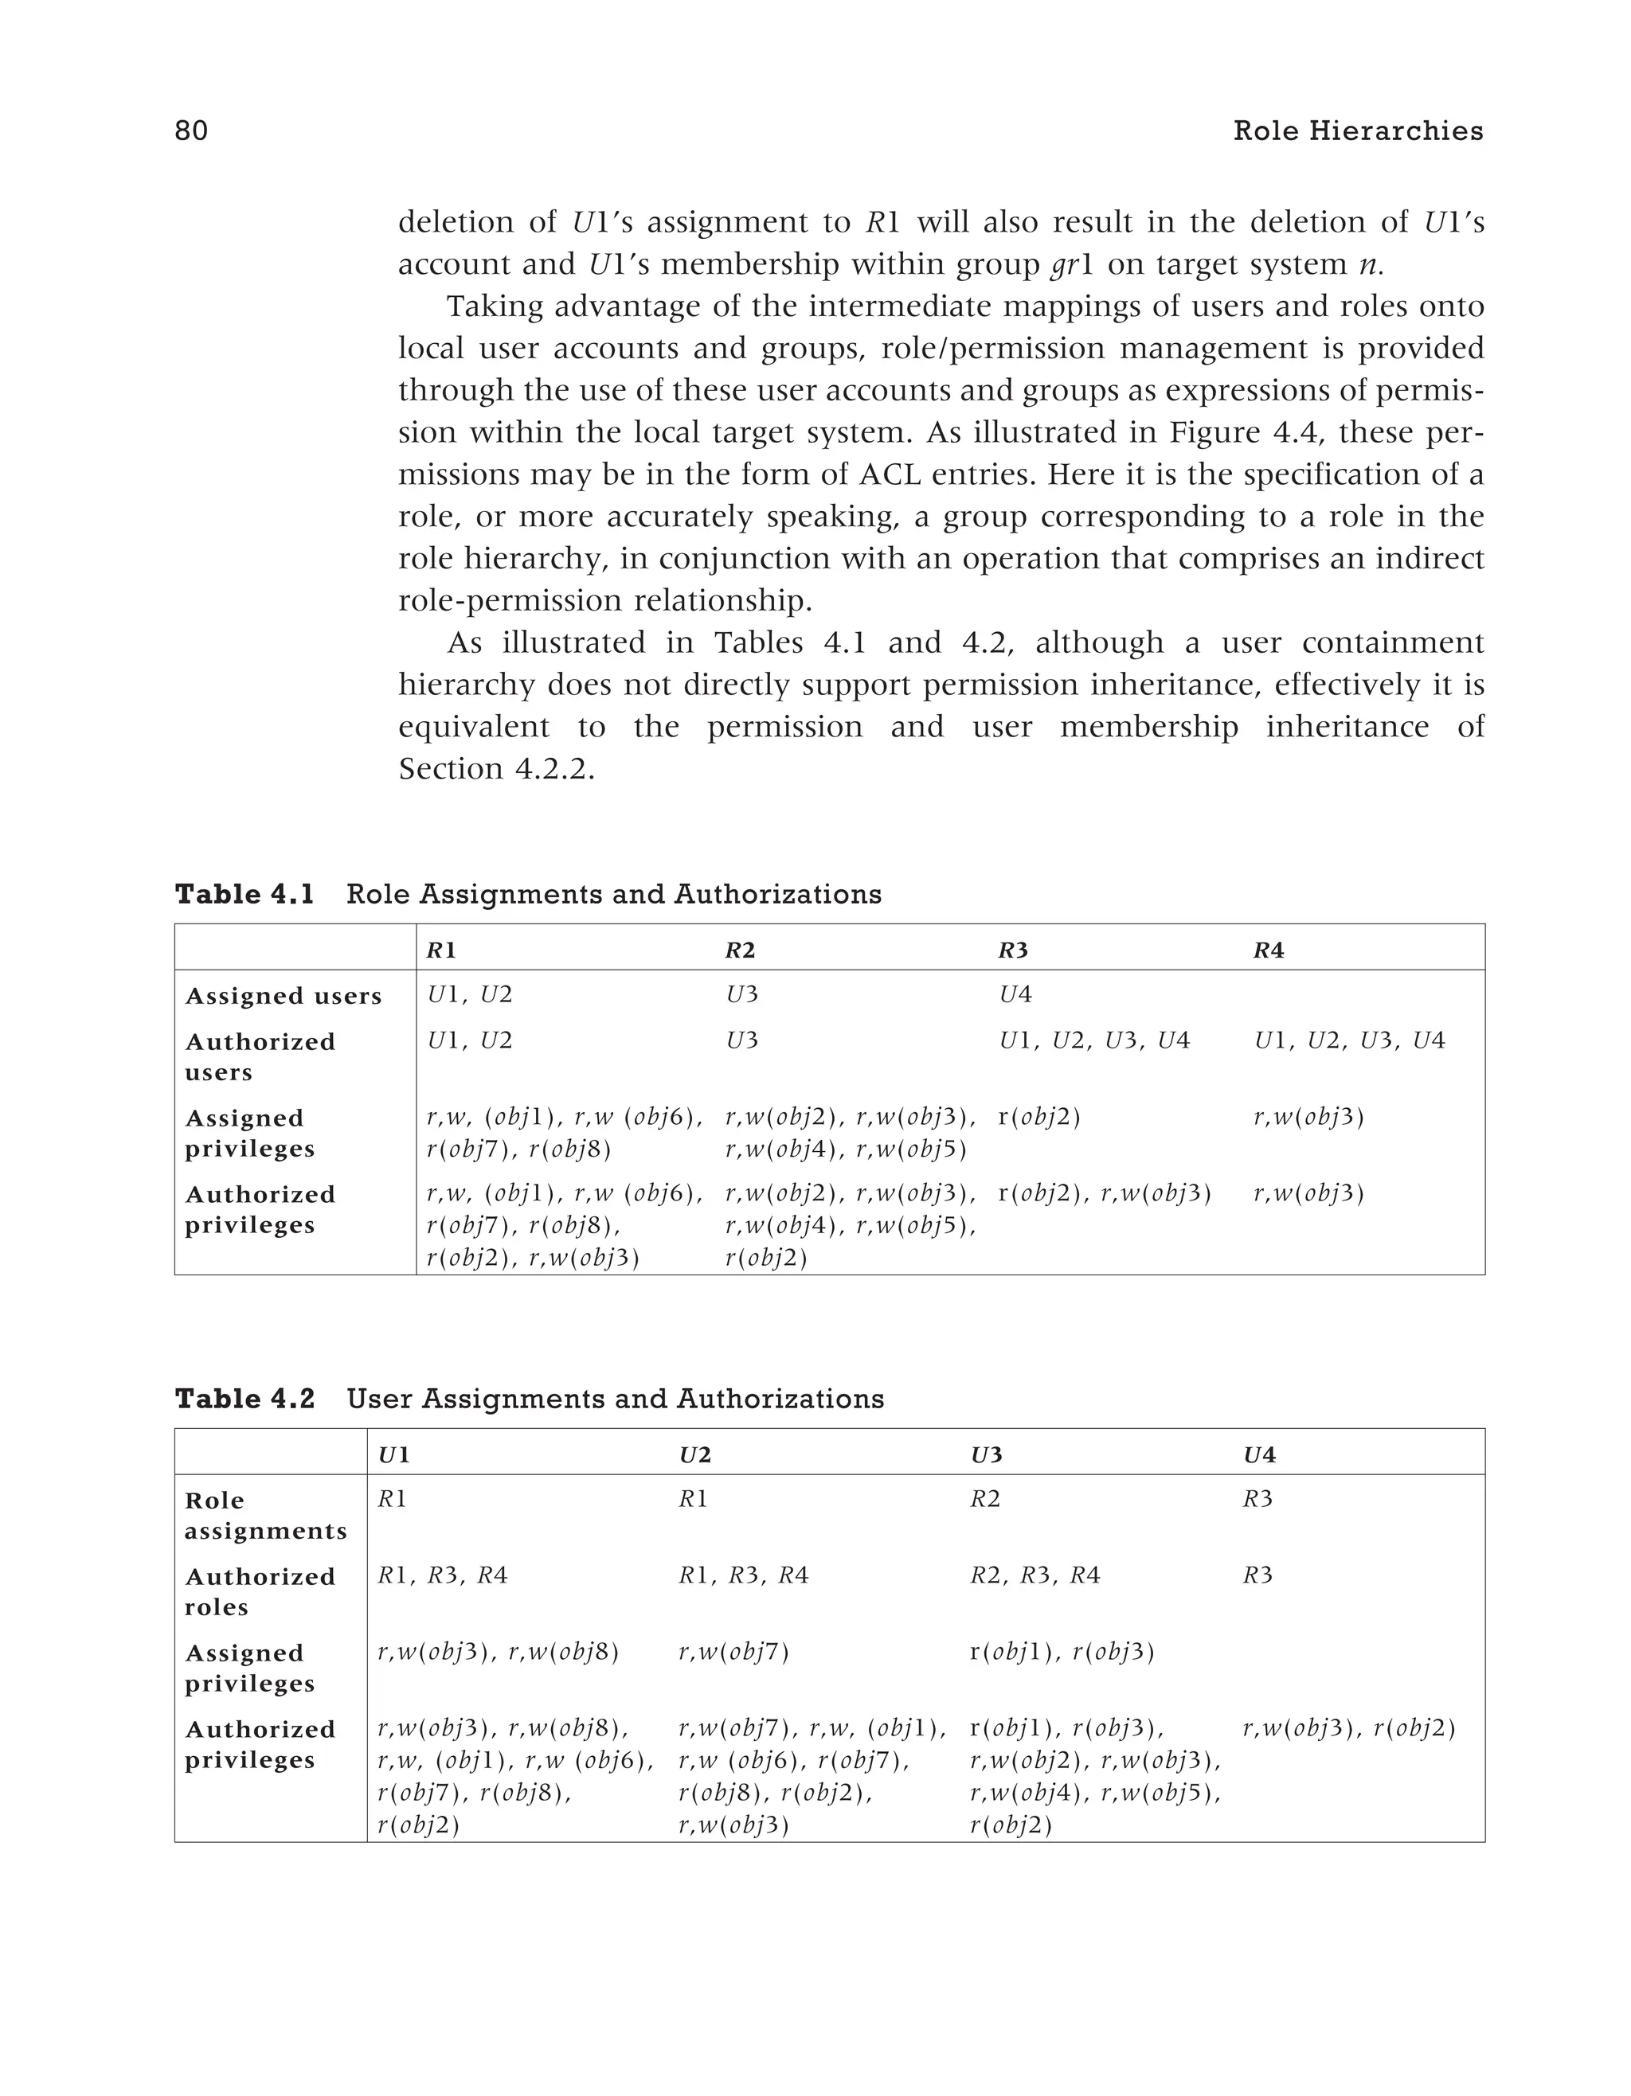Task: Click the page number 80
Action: click(191, 131)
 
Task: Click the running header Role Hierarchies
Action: click(1357, 131)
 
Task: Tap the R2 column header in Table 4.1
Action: click(739, 950)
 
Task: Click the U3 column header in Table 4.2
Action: click(986, 1455)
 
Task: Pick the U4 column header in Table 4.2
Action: click(1260, 1455)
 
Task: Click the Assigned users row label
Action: click(284, 996)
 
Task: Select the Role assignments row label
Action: click(265, 1516)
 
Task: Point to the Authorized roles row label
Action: click(259, 1592)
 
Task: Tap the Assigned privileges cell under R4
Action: click(1308, 1117)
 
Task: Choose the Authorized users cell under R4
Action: click(1349, 1040)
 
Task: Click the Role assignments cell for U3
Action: click(985, 1499)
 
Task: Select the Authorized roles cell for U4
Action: click(1257, 1576)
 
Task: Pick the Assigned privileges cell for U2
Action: click(733, 1653)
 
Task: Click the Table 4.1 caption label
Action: click(244, 895)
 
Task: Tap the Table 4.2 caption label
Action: click(244, 1399)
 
